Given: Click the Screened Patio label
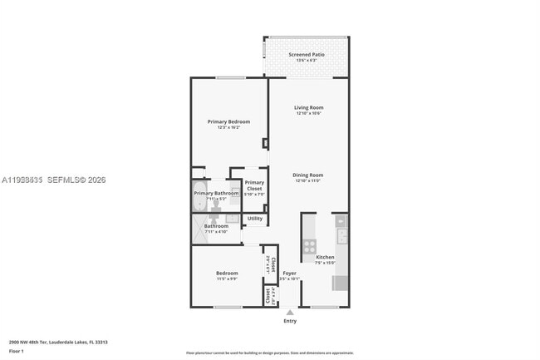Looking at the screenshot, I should (x=306, y=55).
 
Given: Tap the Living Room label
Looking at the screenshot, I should (x=309, y=107).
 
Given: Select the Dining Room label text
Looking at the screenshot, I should (x=307, y=175).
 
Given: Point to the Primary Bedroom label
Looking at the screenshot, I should (x=228, y=121).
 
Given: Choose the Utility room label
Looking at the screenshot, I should (x=255, y=219).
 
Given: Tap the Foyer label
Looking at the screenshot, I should (x=289, y=273).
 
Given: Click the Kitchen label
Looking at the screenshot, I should (x=325, y=257).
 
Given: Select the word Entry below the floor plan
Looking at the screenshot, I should (x=290, y=321).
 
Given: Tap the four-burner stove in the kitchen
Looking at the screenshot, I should (x=309, y=246).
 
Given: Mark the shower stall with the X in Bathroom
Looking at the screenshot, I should (x=203, y=232).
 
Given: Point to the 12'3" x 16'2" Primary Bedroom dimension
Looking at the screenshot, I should (x=228, y=127).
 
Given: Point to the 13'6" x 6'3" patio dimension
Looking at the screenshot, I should (x=306, y=61).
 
